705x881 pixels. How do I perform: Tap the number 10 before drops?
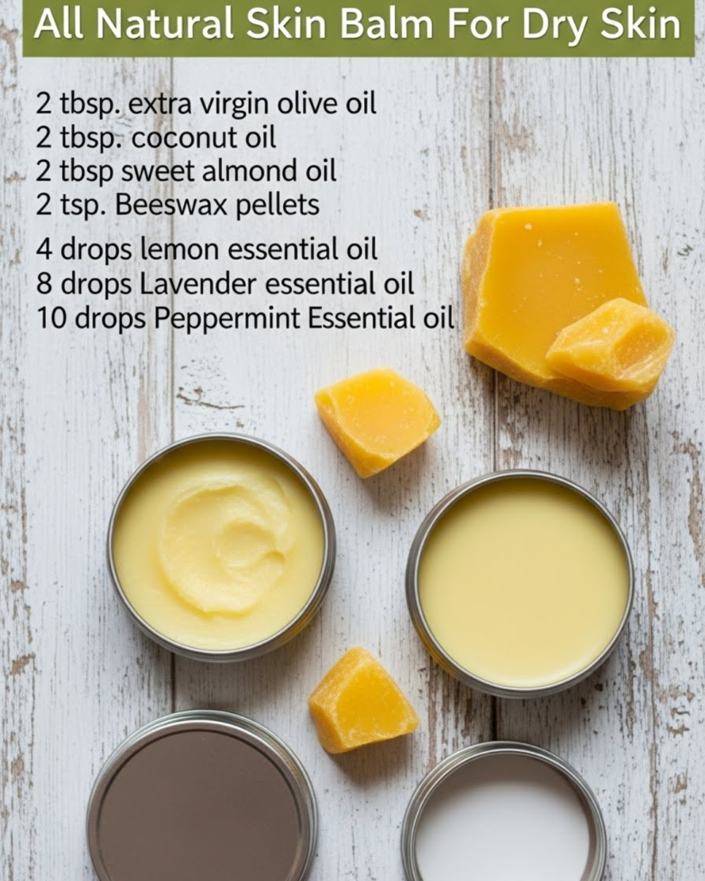pos(52,318)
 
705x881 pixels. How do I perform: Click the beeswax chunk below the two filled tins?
pos(362,700)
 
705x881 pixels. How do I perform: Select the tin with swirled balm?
pos(220,547)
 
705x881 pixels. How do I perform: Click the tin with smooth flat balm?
pos(521,584)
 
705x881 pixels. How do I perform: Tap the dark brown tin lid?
pos(201,798)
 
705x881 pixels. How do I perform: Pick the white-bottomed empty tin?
pos(504,815)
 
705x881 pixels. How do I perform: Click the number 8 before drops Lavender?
pos(44,283)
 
